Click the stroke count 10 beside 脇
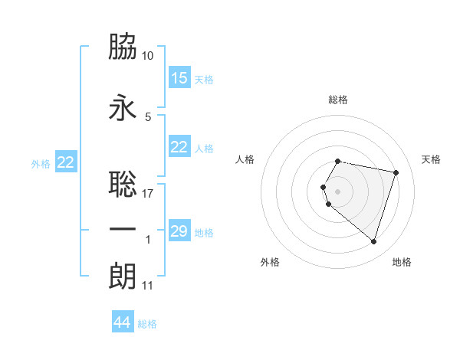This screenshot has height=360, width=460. (x=148, y=56)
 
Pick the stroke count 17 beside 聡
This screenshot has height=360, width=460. (x=148, y=193)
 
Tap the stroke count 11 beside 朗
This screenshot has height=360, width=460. (x=148, y=286)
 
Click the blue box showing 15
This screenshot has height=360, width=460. (x=179, y=78)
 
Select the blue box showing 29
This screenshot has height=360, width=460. (x=179, y=231)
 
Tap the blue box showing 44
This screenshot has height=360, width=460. (x=123, y=322)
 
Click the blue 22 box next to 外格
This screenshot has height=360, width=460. (x=66, y=162)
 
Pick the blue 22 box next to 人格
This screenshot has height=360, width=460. (x=179, y=147)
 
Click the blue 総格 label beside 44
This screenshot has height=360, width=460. (x=147, y=324)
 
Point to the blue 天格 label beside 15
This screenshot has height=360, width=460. (x=204, y=80)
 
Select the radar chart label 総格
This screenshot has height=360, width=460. (x=338, y=100)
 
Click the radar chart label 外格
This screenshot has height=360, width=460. (x=270, y=262)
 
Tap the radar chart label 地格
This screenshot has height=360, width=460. (x=402, y=262)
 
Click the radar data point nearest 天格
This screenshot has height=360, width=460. (x=396, y=172)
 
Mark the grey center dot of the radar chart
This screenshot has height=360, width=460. (x=338, y=191)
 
